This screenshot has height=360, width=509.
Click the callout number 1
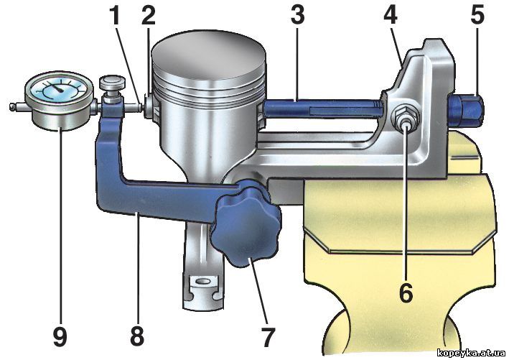tap(114, 16)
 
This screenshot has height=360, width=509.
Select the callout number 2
tap(148, 16)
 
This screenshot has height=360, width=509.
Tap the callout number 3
tap(298, 15)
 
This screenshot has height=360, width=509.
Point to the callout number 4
tap(391, 15)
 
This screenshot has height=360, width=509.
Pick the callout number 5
tap(477, 15)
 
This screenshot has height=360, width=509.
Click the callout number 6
tap(406, 292)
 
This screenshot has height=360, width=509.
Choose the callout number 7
tap(268, 337)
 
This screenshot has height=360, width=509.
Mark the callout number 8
tap(137, 336)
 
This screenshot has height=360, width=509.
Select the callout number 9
tap(60, 336)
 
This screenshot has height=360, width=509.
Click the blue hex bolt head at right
tap(465, 111)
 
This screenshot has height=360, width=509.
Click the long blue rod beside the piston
tap(322, 109)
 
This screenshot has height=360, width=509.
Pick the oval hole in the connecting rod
tap(204, 280)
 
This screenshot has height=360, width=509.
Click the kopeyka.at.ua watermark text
tap(471, 353)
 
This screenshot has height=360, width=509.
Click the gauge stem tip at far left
tap(12, 106)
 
